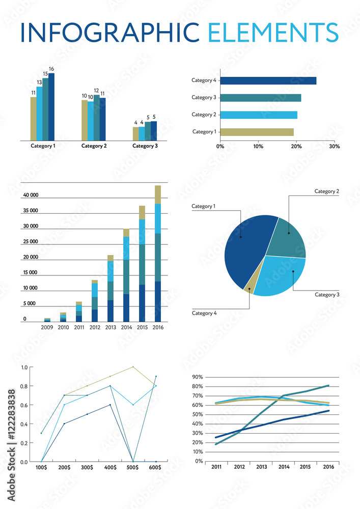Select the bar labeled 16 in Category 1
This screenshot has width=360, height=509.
pyautogui.click(x=51, y=107)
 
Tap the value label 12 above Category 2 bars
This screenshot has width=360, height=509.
pyautogui.click(x=96, y=91)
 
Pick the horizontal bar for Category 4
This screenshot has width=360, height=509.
pyautogui.click(x=268, y=80)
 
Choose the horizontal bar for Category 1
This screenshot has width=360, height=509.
pyautogui.click(x=257, y=132)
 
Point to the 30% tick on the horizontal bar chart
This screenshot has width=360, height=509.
pyautogui.click(x=335, y=146)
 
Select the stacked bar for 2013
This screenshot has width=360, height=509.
pyautogui.click(x=110, y=288)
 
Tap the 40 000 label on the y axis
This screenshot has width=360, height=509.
pyautogui.click(x=31, y=195)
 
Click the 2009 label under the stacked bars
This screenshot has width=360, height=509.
pyautogui.click(x=47, y=327)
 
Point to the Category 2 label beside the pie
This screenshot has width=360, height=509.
pyautogui.click(x=326, y=191)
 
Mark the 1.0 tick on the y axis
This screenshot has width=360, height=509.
pyautogui.click(x=24, y=367)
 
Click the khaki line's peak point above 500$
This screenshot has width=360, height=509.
pyautogui.click(x=133, y=367)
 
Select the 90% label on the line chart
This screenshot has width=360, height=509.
pyautogui.click(x=197, y=377)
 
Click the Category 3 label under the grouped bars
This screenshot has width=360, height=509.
pyautogui.click(x=145, y=146)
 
